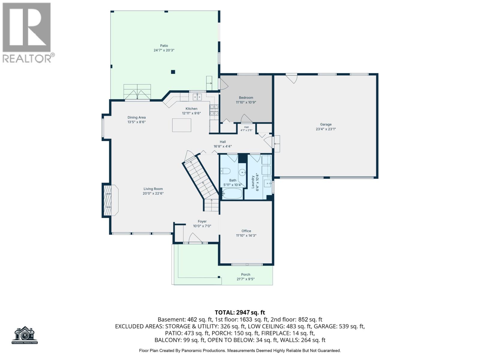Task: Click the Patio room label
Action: (x=164, y=46)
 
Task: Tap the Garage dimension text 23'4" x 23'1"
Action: (x=325, y=129)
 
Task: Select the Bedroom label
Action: (x=246, y=98)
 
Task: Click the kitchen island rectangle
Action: (x=181, y=125)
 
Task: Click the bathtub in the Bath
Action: (x=232, y=193)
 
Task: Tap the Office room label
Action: (x=246, y=231)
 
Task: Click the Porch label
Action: (x=245, y=274)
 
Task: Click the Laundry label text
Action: (x=253, y=182)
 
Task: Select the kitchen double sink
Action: (x=197, y=97)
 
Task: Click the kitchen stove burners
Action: (x=214, y=110)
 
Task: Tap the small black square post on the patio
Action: (x=173, y=72)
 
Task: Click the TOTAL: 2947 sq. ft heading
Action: (x=240, y=312)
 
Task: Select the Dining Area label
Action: (x=136, y=117)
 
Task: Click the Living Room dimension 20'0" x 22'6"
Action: (x=153, y=193)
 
